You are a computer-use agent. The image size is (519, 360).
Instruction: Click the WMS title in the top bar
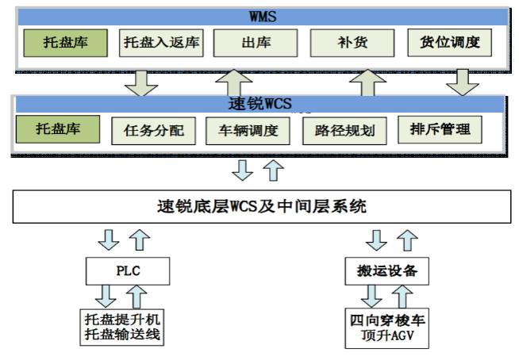point(263,17)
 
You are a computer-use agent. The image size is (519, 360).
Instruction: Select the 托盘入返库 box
point(161,43)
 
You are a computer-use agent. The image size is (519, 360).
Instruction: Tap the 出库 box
point(256,43)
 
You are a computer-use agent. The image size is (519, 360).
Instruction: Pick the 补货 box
point(352,43)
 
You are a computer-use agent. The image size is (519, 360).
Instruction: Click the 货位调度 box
point(449,43)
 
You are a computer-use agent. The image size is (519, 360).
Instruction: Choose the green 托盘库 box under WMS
point(66,43)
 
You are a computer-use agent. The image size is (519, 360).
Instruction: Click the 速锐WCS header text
point(260,104)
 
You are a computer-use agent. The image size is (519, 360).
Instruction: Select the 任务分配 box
point(154,131)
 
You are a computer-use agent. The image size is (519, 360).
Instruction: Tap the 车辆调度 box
point(248,131)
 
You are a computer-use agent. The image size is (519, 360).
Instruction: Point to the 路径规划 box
point(344,131)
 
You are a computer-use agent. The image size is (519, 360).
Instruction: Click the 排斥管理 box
point(440,130)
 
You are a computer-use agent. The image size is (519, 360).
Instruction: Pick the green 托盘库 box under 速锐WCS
point(58,129)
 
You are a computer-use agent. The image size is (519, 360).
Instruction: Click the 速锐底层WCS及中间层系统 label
point(262,206)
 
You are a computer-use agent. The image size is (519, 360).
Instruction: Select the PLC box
point(128,271)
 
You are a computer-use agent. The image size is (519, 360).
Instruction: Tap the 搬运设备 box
point(387,271)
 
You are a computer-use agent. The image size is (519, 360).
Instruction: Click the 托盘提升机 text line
point(122,320)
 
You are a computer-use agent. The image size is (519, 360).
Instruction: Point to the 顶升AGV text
point(387,335)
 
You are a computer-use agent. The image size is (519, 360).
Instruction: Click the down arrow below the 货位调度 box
point(463,82)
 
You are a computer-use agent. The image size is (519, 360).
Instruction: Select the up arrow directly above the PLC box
point(140,240)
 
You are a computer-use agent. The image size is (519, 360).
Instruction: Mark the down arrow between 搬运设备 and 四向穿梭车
point(371,297)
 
